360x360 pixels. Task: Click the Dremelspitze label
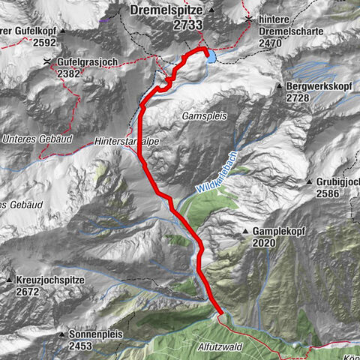(166, 10)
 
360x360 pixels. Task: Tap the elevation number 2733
(166, 24)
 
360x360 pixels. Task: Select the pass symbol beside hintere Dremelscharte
(248, 16)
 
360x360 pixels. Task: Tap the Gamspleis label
(199, 117)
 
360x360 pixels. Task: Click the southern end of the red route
(221, 312)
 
